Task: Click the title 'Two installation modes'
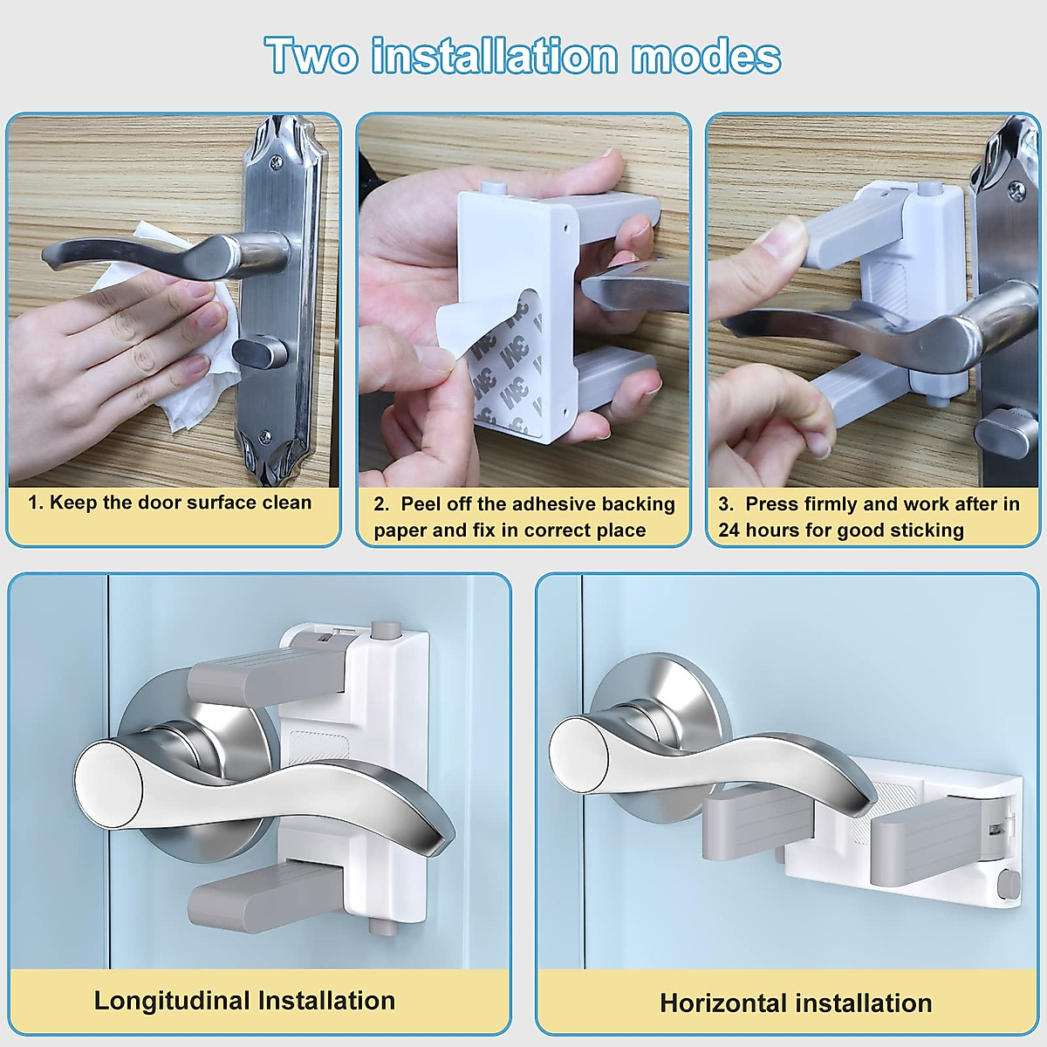[x=523, y=56]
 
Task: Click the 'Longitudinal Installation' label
[x=244, y=1000]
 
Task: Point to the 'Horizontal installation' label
[x=796, y=1003]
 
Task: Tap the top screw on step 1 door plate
[x=277, y=161]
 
